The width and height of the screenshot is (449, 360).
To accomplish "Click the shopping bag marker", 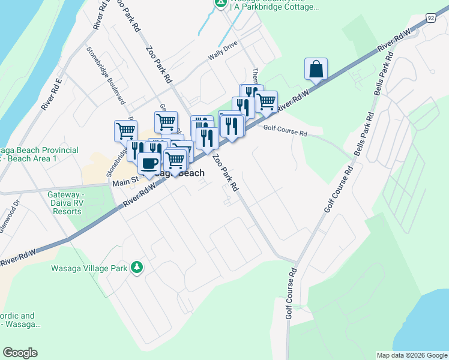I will click(x=316, y=69).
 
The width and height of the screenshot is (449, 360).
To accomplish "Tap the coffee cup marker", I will click(x=149, y=163).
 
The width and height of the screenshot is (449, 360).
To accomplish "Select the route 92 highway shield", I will click(x=431, y=18).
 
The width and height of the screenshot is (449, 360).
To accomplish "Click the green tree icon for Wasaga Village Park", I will click(x=137, y=267).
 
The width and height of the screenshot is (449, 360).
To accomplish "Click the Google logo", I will click(x=20, y=353).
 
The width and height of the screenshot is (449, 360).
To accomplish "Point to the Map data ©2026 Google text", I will click(x=411, y=355).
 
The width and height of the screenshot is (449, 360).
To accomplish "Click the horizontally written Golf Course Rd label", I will click(x=285, y=130).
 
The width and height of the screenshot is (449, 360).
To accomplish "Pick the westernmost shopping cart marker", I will click(x=125, y=130).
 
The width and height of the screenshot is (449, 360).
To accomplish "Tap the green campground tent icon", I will click(x=221, y=4).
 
